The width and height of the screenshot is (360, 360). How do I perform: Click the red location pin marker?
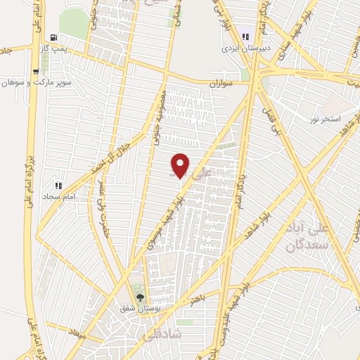[x=181, y=165]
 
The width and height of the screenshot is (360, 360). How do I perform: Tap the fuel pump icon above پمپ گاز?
[x=54, y=37]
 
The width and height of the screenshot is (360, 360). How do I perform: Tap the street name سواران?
[x=220, y=83]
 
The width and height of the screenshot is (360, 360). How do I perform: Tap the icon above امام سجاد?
[x=58, y=186]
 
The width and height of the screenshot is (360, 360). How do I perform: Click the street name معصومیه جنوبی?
[x=159, y=117]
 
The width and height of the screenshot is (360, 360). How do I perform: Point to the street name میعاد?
[x=77, y=333]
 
